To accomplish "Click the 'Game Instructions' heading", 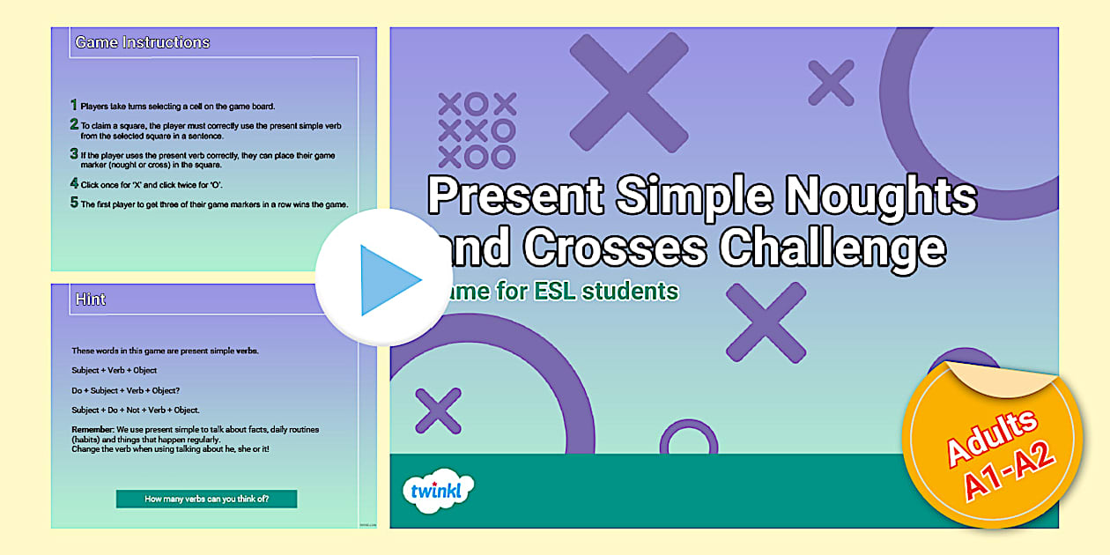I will point(142,42).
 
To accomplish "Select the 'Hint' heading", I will point(90,300).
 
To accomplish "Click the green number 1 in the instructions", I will point(74,105).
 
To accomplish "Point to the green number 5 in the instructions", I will point(74,203).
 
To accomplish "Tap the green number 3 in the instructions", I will point(74,154).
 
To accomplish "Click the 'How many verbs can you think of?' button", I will point(206,499).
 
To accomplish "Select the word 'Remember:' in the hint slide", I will point(92,429).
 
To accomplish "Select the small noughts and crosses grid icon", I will point(477,130).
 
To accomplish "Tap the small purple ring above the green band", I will point(688,440).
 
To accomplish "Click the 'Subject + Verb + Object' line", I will point(115,370).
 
